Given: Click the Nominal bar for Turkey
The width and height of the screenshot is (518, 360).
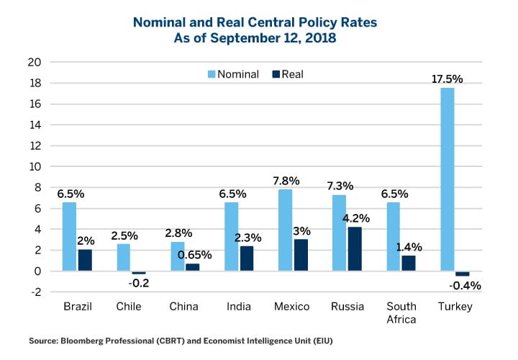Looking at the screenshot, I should (x=447, y=179).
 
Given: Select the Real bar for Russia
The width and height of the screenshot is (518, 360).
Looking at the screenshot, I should (x=355, y=249).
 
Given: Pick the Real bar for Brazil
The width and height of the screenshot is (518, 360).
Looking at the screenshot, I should (x=85, y=261).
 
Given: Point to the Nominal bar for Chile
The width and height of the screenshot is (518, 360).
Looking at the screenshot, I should (x=123, y=258).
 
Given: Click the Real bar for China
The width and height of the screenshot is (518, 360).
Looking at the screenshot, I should (x=193, y=268).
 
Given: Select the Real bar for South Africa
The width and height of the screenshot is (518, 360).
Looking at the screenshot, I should (x=409, y=264).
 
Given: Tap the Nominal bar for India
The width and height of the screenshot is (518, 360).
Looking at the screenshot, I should (x=231, y=237).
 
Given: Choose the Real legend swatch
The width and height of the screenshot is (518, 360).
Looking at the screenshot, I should (x=276, y=74).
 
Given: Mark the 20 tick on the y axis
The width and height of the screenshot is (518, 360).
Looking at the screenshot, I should (x=44, y=62).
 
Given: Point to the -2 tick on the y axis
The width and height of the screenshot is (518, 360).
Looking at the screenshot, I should (x=44, y=292).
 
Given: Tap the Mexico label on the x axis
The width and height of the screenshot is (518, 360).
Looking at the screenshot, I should (x=292, y=307).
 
